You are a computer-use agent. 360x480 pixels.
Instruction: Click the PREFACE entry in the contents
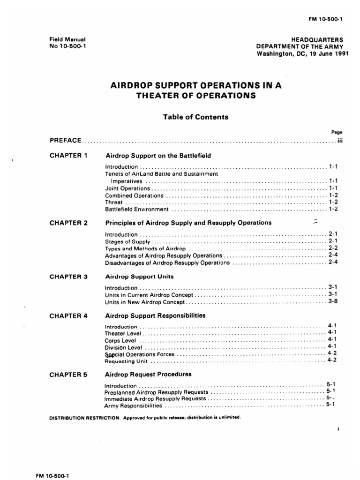(66, 140)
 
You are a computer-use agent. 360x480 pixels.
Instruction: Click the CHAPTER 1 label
(68, 155)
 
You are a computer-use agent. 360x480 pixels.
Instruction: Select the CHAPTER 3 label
(68, 277)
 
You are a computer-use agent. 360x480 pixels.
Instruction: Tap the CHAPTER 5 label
(68, 375)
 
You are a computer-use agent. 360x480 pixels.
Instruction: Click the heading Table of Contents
(195, 117)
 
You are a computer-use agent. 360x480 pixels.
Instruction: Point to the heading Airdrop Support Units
(139, 277)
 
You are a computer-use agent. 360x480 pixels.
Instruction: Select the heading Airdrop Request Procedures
(149, 375)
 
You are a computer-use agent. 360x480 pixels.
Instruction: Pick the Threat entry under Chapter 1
(113, 202)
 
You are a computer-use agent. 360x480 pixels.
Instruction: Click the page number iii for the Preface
(340, 140)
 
